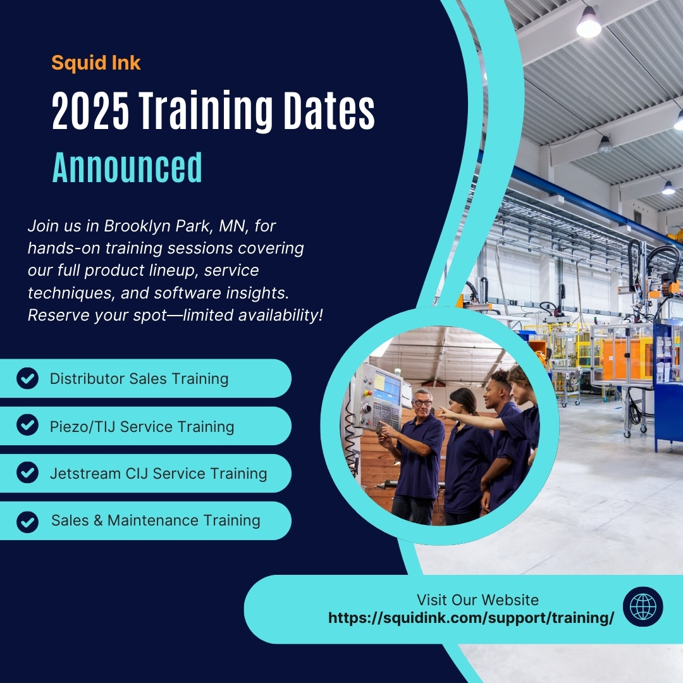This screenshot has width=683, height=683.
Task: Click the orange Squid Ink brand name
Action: click(x=96, y=63)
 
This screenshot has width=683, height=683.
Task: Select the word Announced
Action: click(x=127, y=168)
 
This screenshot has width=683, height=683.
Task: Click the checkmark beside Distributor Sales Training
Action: click(x=27, y=379)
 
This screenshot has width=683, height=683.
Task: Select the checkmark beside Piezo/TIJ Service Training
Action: click(x=27, y=426)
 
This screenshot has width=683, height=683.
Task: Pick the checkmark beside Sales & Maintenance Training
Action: click(x=27, y=521)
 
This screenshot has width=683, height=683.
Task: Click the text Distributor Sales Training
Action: click(x=139, y=379)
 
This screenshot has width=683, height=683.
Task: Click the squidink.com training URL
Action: click(x=471, y=618)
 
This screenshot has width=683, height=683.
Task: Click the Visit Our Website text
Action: click(x=477, y=600)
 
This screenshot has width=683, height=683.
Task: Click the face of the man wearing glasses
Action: click(x=422, y=402)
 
